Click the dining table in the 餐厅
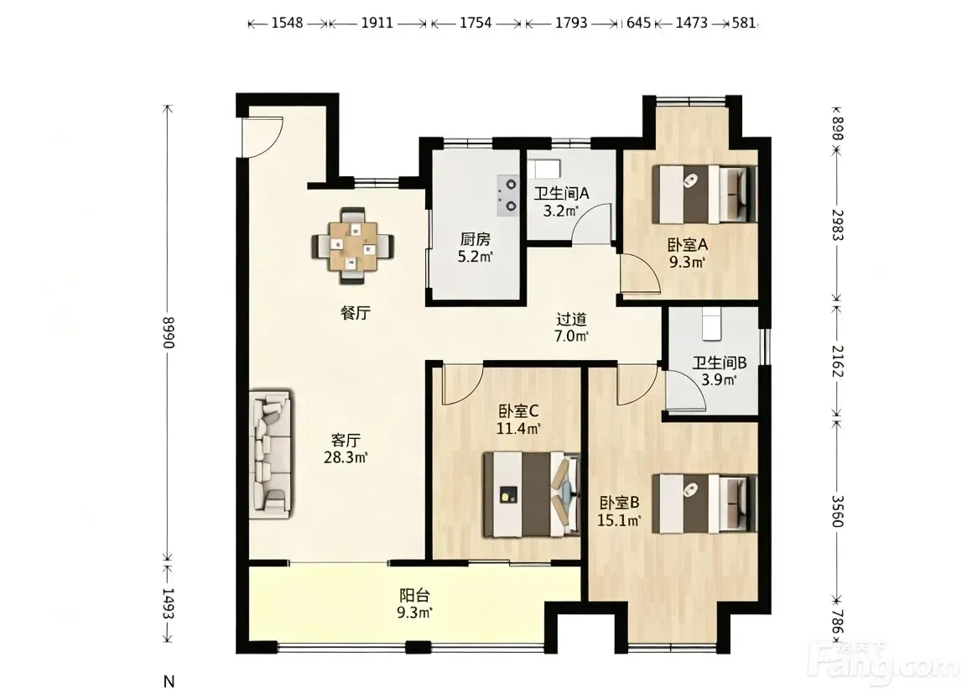[353, 246]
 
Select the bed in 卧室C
[532, 494]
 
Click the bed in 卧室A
[704, 194]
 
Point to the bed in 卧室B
[704, 503]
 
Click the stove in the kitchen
[508, 195]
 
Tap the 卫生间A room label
[561, 193]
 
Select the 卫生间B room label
[719, 363]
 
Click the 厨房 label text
[475, 238]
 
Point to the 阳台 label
[414, 596]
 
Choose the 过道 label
[572, 320]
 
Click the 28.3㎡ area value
[346, 457]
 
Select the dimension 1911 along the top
[377, 23]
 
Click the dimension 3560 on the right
[837, 511]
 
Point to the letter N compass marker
[169, 681]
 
